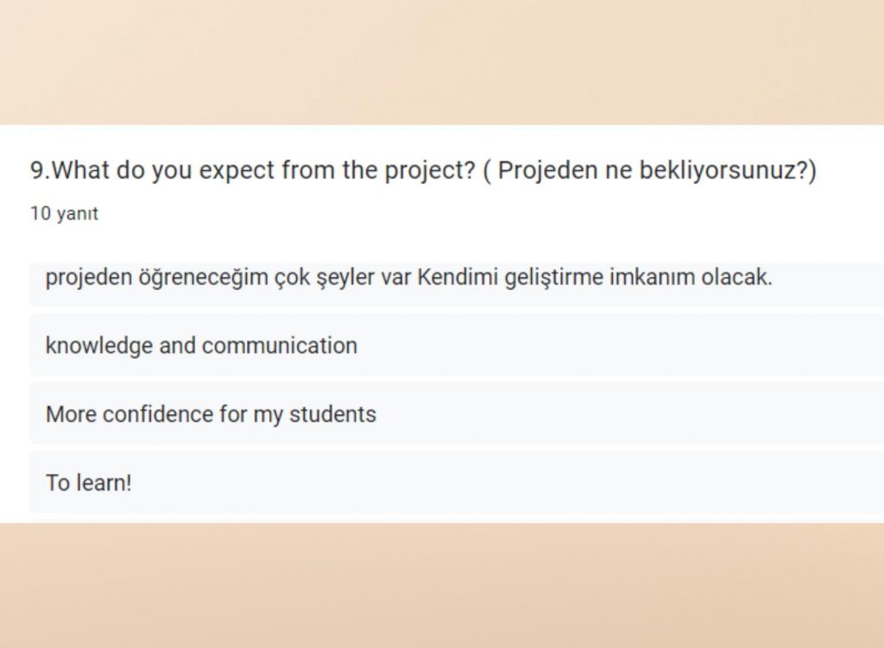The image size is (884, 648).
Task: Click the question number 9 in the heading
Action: (37, 171)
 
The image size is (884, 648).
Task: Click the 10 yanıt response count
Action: (64, 214)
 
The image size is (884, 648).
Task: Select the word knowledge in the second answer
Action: (99, 346)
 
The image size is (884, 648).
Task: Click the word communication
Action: (279, 346)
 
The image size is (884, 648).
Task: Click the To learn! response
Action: (89, 482)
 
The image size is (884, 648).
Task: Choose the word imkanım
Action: (647, 278)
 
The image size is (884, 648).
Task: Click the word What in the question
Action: (82, 171)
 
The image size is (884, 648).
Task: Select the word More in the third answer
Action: (71, 414)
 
